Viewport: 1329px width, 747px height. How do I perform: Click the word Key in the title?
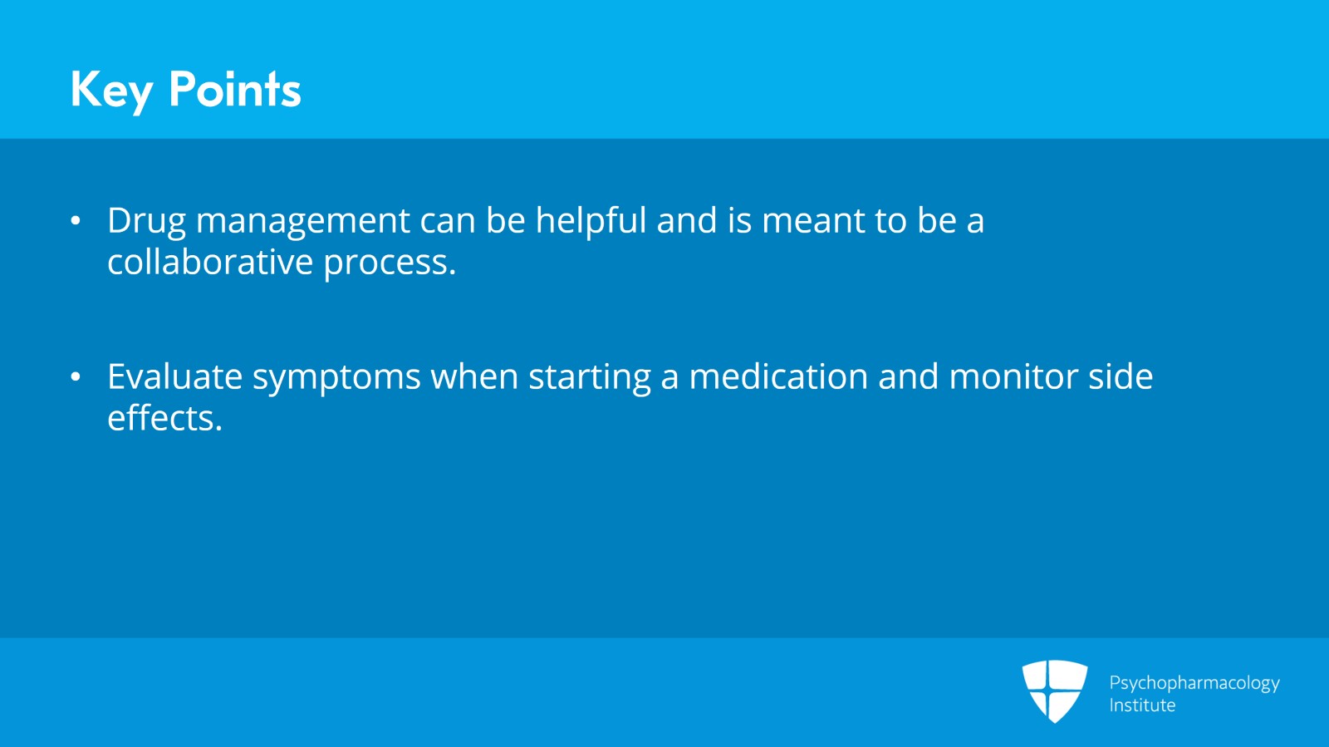click(111, 91)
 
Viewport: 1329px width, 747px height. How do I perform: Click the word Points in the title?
click(235, 89)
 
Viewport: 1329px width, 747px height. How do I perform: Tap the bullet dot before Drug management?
click(76, 221)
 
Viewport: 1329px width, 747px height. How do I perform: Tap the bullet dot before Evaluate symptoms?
click(76, 376)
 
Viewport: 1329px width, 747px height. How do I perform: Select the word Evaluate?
click(175, 376)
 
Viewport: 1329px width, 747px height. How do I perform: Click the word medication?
click(778, 376)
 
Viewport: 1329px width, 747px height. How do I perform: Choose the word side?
click(1121, 376)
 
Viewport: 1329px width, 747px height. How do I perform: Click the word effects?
click(165, 418)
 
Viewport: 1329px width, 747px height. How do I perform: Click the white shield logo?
click(1055, 691)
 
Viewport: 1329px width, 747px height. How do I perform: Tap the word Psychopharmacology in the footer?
click(1194, 684)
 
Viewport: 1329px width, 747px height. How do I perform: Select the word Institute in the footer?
click(1142, 705)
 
